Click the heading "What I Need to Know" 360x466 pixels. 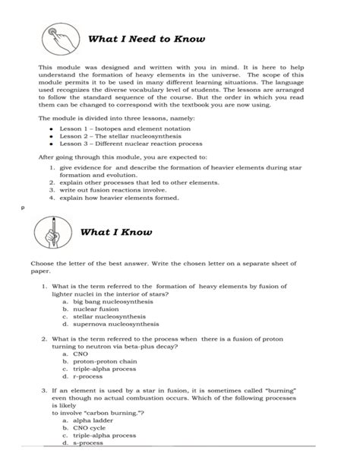(x=147, y=39)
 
